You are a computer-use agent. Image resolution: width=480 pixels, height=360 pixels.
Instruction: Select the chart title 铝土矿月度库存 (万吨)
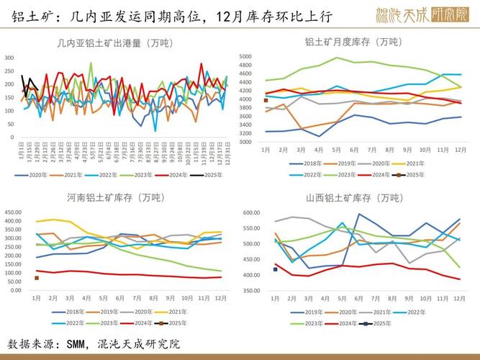363,42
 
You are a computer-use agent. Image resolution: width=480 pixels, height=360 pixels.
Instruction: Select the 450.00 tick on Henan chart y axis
18,212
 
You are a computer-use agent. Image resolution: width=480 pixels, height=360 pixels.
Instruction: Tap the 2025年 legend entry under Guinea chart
210,174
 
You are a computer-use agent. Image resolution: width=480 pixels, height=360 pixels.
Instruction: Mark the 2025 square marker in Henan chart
37,278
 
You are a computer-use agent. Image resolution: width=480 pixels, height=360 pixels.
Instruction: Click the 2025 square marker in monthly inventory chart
266,100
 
